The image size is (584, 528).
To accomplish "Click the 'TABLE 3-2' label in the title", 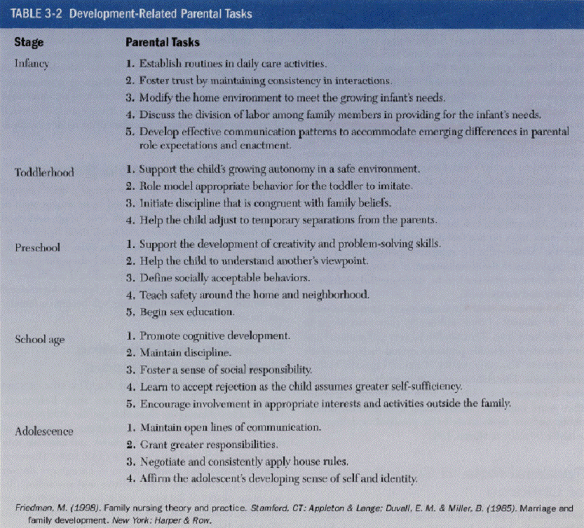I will coord(33,13).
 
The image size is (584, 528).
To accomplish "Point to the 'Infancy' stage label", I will coord(32,62).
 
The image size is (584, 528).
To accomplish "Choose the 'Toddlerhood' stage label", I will coord(43,172).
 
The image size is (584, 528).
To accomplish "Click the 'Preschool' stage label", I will coord(37,247).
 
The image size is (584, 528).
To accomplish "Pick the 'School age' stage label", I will coord(40,340).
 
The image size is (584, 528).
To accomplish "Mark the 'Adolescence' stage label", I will coord(43,431).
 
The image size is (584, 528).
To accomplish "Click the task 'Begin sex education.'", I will coord(186,312).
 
